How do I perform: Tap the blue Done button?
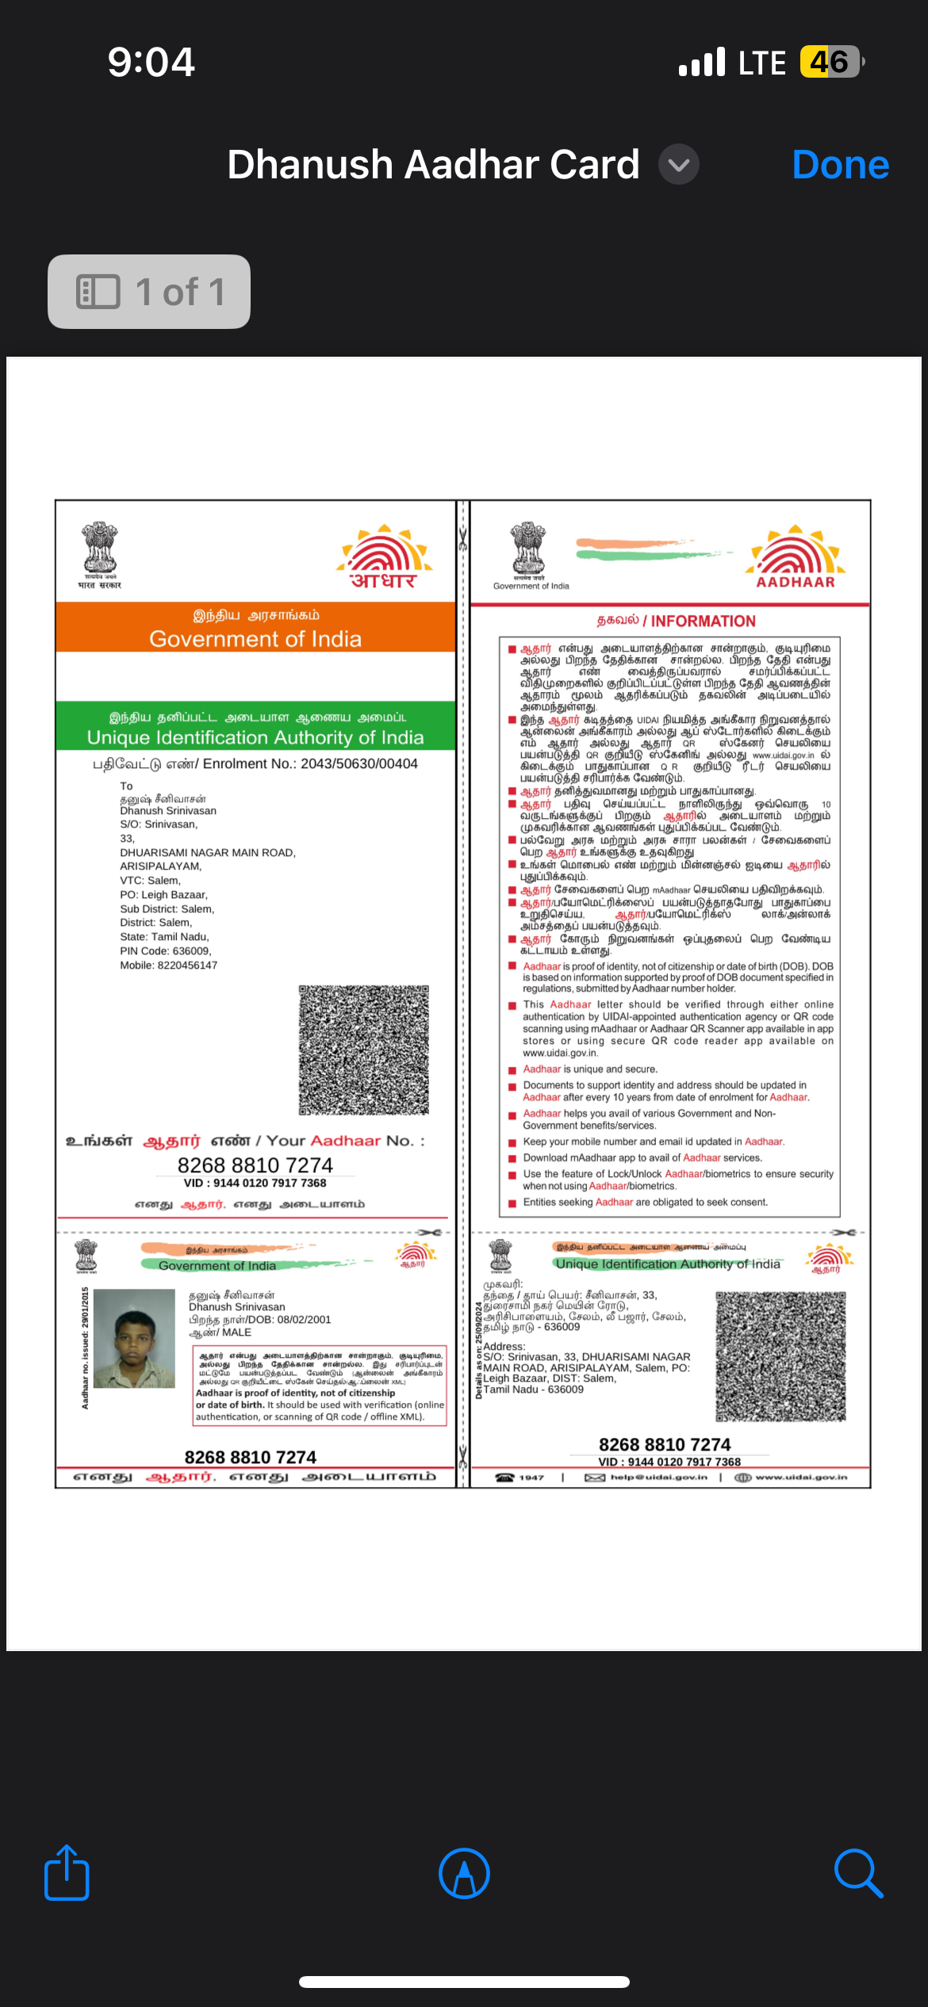(840, 165)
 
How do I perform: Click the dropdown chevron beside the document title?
(679, 165)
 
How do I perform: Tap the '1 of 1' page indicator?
(149, 292)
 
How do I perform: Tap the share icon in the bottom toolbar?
(67, 1873)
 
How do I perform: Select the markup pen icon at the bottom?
(464, 1873)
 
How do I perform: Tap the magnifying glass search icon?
(858, 1873)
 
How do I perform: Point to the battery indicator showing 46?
(830, 62)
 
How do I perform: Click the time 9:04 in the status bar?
(151, 62)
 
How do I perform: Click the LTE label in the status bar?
(761, 63)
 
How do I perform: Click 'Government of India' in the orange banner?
(255, 639)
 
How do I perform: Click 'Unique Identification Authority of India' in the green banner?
(255, 737)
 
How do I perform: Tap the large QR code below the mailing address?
(364, 1049)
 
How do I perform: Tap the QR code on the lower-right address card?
(780, 1356)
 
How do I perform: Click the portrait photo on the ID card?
(134, 1338)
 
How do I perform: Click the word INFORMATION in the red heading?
(703, 621)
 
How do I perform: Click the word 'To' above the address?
(126, 786)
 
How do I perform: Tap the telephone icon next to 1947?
(505, 1478)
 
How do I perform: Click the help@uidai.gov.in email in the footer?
(658, 1478)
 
